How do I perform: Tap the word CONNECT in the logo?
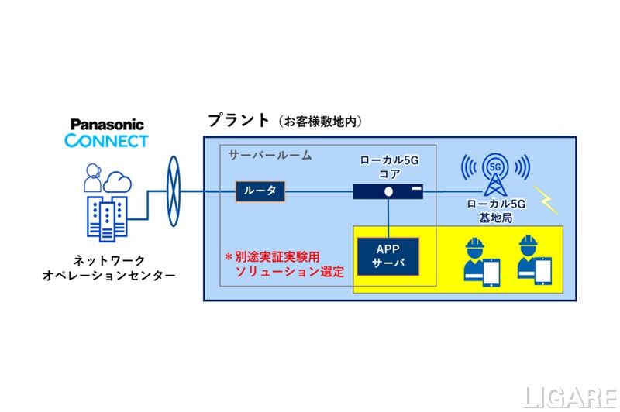(x=107, y=141)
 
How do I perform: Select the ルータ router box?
(x=260, y=190)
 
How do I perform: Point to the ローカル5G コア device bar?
(x=388, y=191)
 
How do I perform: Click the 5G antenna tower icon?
(x=496, y=175)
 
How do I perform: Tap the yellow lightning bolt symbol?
(x=546, y=199)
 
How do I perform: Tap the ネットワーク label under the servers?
(x=106, y=261)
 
